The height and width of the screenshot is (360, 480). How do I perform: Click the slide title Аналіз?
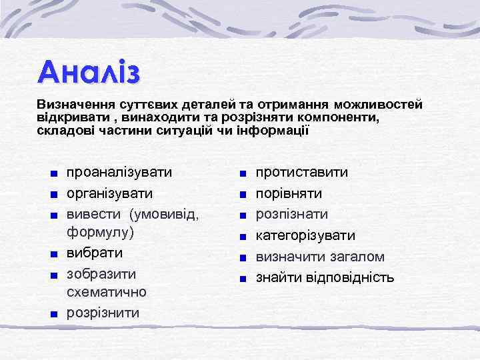[x=89, y=71]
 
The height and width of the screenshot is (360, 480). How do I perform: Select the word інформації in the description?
[x=273, y=129]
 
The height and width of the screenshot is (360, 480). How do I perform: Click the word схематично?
[x=107, y=292]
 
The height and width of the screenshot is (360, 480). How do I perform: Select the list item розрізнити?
[x=103, y=313]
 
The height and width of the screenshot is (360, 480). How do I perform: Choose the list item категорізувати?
[x=306, y=235]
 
